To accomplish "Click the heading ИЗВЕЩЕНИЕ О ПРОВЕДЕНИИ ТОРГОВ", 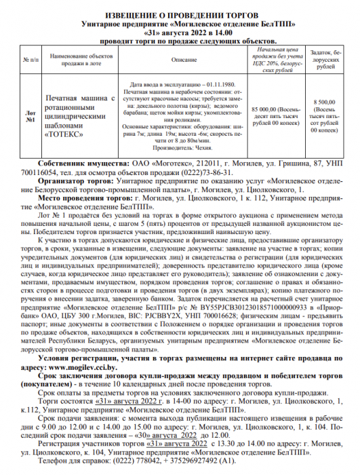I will (179, 14).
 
